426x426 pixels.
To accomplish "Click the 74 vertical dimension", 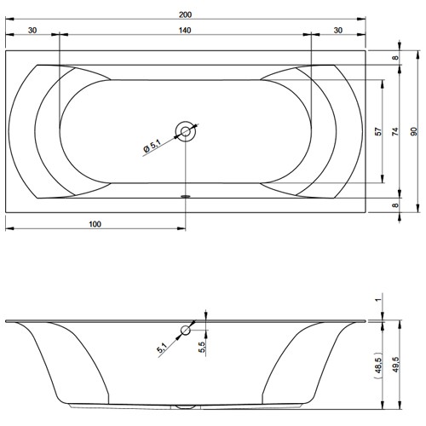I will pyautogui.click(x=395, y=132).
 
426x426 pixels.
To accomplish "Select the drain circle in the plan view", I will pyautogui.click(x=185, y=131).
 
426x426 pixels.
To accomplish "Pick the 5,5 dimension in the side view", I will pyautogui.click(x=201, y=348).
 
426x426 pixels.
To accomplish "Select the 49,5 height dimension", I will pyautogui.click(x=396, y=366).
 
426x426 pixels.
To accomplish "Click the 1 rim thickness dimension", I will pyautogui.click(x=377, y=301).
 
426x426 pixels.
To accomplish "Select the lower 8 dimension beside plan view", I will pyautogui.click(x=395, y=205).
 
